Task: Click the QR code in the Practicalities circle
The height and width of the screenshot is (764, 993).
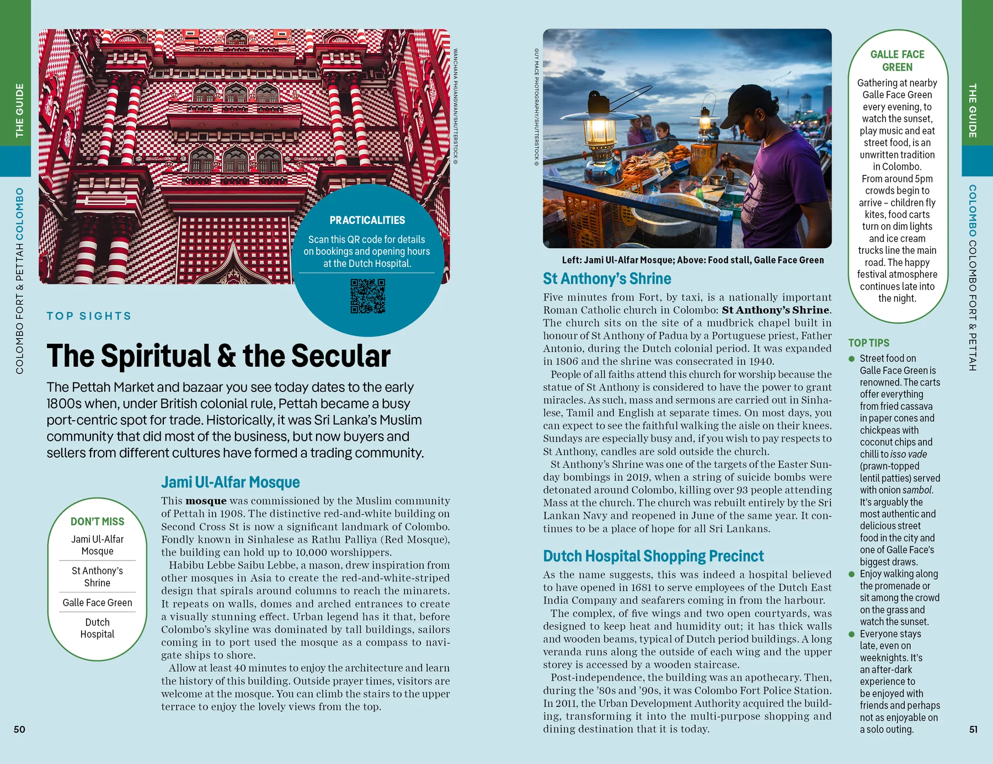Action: point(367,296)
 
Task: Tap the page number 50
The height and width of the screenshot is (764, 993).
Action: point(19,729)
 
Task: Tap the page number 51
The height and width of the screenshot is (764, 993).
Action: point(973,729)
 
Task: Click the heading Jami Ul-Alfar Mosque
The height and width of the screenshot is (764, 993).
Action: point(230,482)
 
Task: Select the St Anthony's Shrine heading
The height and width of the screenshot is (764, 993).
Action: point(607,279)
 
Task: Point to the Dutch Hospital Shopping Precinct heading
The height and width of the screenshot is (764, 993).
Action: point(653,556)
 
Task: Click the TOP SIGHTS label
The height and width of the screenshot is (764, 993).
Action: point(89,316)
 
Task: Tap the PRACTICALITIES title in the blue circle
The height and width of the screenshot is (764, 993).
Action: point(367,220)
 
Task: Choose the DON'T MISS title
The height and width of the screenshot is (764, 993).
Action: point(97,521)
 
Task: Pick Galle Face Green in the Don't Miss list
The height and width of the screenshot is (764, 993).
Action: point(97,602)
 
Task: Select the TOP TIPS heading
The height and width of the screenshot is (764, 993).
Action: point(869,343)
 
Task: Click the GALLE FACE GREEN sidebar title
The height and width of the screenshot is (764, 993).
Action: point(897,61)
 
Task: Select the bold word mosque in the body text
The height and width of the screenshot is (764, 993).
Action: point(206,501)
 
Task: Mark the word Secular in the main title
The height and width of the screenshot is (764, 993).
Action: point(341,356)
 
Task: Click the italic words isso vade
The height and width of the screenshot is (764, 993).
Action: point(909,454)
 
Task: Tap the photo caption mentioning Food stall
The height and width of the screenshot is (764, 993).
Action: point(692,260)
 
